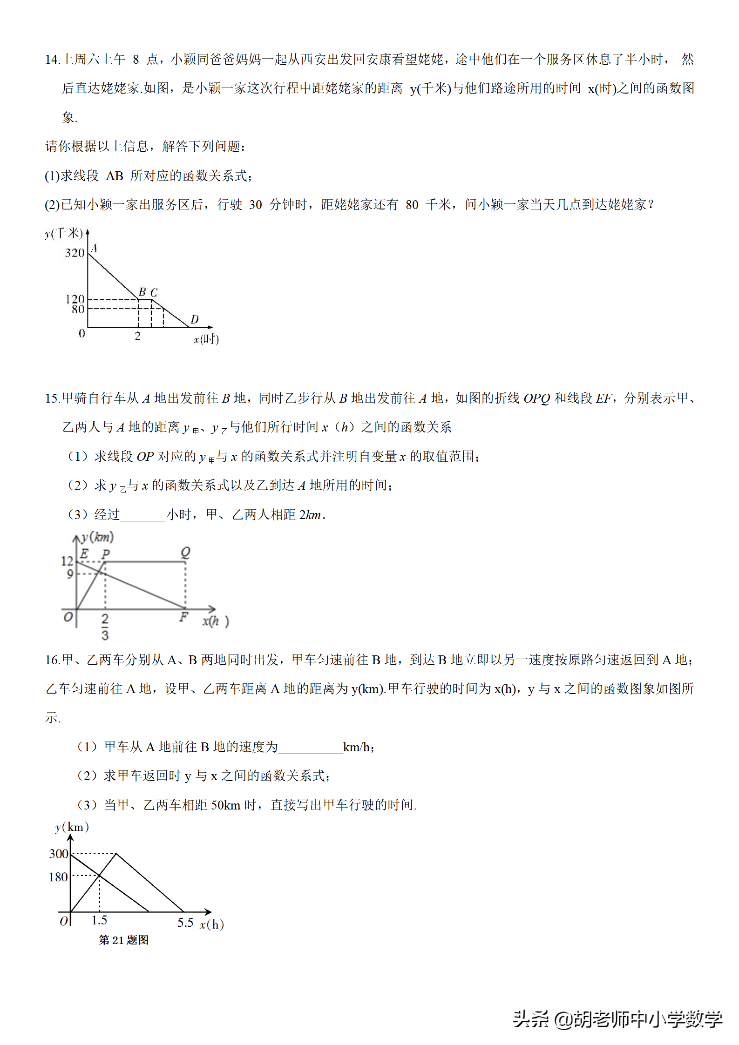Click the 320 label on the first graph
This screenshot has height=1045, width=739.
(75, 253)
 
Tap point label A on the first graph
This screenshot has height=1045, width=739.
(94, 248)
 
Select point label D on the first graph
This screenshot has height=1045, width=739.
(195, 319)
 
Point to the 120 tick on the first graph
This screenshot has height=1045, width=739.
(75, 298)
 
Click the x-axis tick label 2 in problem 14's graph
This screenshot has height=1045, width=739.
(137, 336)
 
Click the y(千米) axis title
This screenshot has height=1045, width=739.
(64, 233)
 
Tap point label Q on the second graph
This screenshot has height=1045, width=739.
(185, 552)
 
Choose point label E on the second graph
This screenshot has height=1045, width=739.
(84, 553)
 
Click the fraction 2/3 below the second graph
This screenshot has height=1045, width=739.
(105, 627)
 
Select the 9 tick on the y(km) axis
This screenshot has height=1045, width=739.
(70, 574)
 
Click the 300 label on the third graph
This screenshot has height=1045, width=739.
(59, 854)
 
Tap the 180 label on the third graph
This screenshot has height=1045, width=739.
(58, 877)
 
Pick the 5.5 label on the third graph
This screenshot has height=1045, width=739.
(185, 923)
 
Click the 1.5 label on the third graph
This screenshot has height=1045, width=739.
(99, 920)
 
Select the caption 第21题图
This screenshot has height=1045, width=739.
(124, 940)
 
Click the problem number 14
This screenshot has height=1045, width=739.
(52, 60)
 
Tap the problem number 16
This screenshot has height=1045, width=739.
(52, 660)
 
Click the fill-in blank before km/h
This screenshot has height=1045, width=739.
(310, 748)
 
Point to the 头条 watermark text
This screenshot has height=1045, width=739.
(531, 1019)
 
